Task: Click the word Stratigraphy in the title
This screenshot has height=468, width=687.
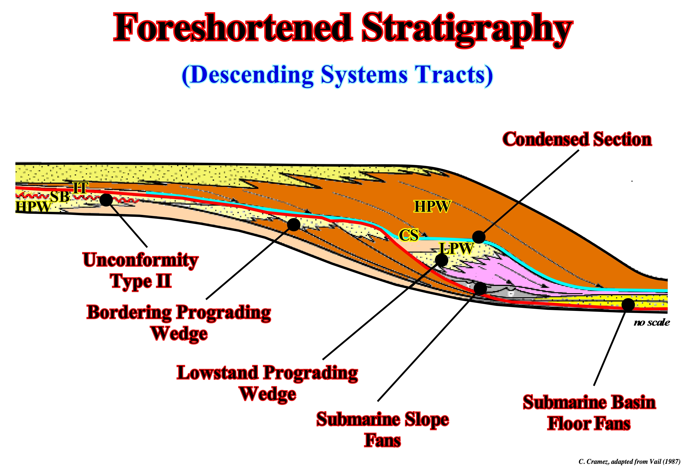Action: [467, 30]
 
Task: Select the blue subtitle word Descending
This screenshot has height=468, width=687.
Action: [252, 76]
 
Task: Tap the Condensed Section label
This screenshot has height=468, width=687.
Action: [577, 139]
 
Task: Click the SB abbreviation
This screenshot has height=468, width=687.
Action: [60, 196]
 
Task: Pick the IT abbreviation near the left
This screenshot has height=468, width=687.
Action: [81, 188]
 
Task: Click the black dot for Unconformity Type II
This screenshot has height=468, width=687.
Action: [106, 200]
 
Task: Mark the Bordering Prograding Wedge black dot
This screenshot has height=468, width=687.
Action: [293, 225]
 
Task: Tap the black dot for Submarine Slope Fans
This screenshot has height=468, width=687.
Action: [480, 288]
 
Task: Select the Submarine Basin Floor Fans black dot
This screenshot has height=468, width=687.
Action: [628, 305]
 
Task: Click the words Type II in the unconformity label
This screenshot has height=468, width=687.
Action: [141, 281]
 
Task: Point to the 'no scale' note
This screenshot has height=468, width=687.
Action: [652, 322]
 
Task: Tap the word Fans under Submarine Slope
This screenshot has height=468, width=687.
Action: [383, 440]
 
